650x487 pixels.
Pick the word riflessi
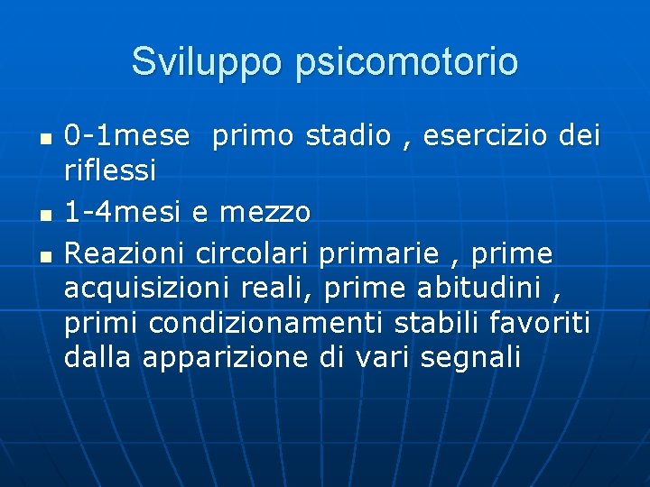[x=110, y=169]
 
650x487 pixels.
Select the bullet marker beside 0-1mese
[x=47, y=139]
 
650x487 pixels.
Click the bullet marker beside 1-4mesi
[x=47, y=215]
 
